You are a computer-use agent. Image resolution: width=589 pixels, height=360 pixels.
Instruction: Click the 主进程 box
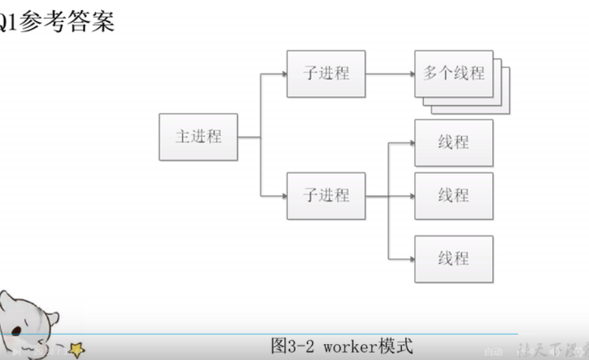pos(198,137)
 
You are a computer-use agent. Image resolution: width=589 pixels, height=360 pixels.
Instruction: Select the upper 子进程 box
pos(326,73)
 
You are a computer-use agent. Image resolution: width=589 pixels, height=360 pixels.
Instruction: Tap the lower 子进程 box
pos(326,196)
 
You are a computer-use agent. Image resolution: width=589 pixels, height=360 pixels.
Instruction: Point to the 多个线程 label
pos(454,73)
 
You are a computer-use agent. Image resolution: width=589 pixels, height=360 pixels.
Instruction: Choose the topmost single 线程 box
pos(454,143)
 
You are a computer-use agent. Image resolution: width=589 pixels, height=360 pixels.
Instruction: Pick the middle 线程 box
pos(454,196)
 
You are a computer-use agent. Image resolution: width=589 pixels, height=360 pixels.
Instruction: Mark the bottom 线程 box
pos(454,258)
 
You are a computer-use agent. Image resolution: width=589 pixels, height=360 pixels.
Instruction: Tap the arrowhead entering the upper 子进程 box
pos(284,73)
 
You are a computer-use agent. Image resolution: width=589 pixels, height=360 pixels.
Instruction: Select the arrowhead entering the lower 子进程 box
pos(284,196)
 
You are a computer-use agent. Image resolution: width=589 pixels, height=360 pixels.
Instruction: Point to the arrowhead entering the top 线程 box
pos(411,143)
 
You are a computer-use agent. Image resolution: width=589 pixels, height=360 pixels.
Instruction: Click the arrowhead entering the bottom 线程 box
pos(411,258)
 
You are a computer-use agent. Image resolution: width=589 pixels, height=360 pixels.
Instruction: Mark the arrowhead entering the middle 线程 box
pos(411,196)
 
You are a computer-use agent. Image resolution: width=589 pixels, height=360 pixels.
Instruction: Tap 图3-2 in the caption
pos(295,346)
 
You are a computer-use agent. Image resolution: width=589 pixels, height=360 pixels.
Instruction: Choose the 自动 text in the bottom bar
pos(493,351)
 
